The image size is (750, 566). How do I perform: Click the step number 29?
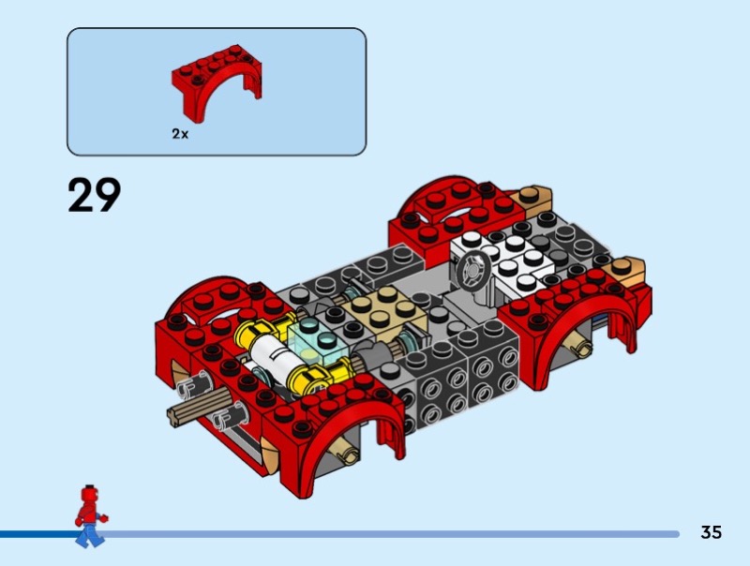point(95,195)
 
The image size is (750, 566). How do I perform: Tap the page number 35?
point(711,532)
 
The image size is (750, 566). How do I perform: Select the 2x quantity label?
point(180,134)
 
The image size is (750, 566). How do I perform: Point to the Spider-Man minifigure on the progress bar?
point(90,515)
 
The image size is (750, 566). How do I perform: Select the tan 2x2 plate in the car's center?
point(384,311)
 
